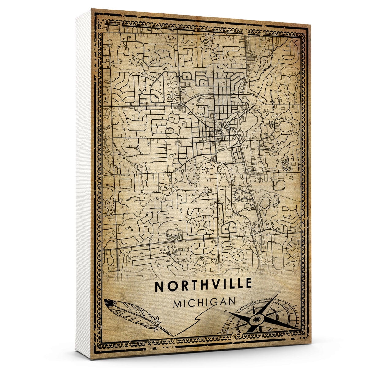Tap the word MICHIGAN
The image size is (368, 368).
pos(204,303)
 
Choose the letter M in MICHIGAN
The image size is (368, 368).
pos(178,304)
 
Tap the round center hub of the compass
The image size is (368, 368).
pos(256,320)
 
